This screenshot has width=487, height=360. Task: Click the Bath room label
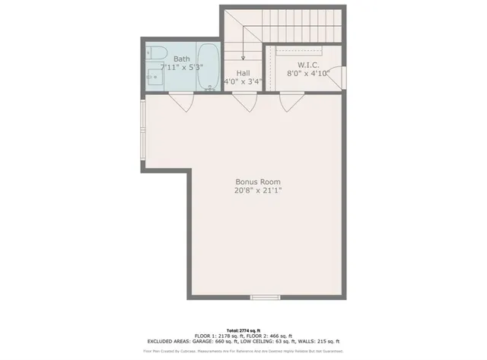[x=182, y=59]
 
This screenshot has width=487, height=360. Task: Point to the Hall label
[x=243, y=73]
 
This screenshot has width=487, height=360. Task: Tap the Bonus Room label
[x=258, y=182]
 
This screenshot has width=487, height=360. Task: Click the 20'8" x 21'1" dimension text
[x=258, y=192]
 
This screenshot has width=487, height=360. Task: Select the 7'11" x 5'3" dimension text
[x=182, y=68]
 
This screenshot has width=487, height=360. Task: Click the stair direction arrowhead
[x=243, y=58]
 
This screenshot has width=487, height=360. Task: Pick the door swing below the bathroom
[x=180, y=100]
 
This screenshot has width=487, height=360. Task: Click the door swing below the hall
[x=243, y=101]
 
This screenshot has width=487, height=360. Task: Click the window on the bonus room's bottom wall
[x=265, y=296]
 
